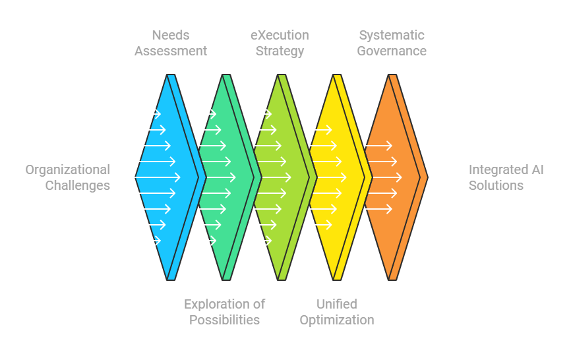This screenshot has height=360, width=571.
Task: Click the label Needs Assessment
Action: click(x=171, y=43)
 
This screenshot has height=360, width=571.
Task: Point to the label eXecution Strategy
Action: click(x=280, y=43)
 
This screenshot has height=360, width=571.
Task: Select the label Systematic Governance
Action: click(x=392, y=43)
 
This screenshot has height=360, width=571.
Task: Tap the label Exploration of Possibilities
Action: click(x=224, y=312)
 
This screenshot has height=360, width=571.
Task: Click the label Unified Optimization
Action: click(x=336, y=312)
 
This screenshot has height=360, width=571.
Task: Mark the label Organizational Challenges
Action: click(x=67, y=177)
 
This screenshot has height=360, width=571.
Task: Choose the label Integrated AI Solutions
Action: click(x=506, y=177)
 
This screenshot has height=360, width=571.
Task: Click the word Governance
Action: click(x=392, y=51)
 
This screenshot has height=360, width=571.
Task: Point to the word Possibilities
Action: click(x=224, y=320)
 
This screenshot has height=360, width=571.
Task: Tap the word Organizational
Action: click(x=67, y=169)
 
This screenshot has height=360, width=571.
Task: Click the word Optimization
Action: click(x=336, y=320)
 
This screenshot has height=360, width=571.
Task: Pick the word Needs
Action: click(x=171, y=35)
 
